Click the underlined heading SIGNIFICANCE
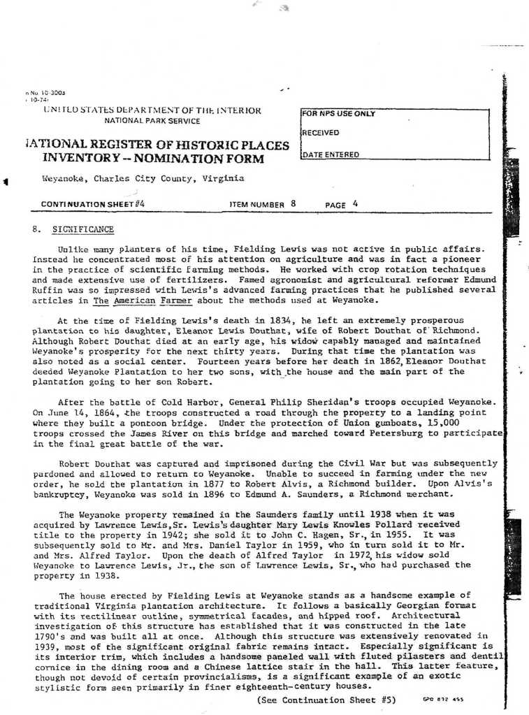pos(82,230)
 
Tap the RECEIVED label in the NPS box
pos(321,133)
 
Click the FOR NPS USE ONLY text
pos(339,113)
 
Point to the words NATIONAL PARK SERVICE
pos(152,121)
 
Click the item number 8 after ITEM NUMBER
pos(294,204)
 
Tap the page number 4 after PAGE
pos(355,204)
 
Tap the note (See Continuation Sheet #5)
pos(327,699)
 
